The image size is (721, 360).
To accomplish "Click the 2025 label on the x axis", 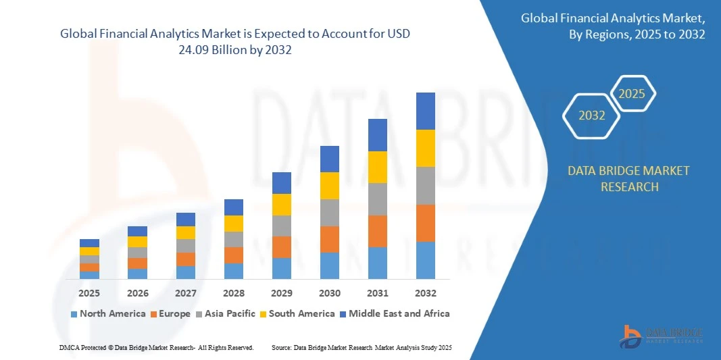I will click(89, 293).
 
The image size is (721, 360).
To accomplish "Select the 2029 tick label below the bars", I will click(281, 293).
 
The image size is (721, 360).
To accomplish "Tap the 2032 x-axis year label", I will click(425, 293).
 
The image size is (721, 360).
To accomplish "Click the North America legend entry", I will click(108, 313).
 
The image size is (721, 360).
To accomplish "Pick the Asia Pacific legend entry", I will click(226, 313).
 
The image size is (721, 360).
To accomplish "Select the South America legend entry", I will click(297, 313).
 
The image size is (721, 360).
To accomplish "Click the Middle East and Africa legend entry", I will click(395, 313).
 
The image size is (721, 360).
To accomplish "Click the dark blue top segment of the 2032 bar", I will click(425, 111).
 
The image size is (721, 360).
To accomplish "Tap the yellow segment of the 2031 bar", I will click(377, 167).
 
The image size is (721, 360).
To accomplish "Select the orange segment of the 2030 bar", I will click(329, 239).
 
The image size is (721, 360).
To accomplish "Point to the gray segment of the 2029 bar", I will click(281, 226).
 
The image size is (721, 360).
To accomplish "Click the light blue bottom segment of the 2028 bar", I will click(233, 271).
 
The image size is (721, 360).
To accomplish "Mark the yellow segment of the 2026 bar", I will click(137, 242).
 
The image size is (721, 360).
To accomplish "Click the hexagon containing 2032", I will click(591, 115).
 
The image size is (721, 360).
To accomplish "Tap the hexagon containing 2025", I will click(632, 94).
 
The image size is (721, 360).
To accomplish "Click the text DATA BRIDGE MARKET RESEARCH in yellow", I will click(629, 179).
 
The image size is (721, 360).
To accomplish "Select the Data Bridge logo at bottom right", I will click(662, 336).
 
